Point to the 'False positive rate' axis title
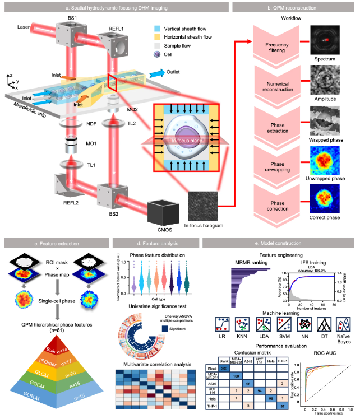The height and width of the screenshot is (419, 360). [x=327, y=415]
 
